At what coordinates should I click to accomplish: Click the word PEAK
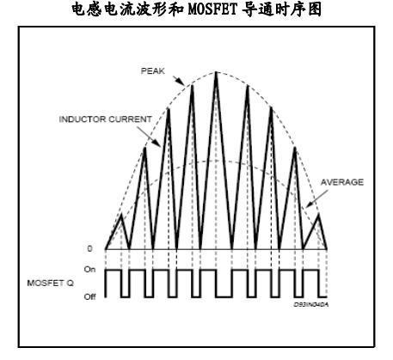(x=153, y=70)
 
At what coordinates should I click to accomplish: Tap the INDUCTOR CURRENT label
(x=105, y=119)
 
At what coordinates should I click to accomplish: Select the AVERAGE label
(x=342, y=182)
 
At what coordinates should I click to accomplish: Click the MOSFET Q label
(x=51, y=283)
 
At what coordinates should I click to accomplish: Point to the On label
(x=89, y=270)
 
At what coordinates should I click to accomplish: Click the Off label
(x=89, y=296)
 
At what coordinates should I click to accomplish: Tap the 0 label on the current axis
(x=90, y=248)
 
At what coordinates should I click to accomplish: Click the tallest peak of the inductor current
(x=216, y=72)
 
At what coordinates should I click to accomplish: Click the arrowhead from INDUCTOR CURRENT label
(x=157, y=143)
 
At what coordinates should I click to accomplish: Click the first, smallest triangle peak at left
(x=121, y=215)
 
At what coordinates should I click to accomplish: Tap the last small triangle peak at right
(x=318, y=216)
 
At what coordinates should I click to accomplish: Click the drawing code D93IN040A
(x=311, y=305)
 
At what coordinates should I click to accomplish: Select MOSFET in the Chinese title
(x=212, y=9)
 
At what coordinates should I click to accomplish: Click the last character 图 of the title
(x=315, y=9)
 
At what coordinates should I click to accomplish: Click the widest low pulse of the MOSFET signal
(x=224, y=296)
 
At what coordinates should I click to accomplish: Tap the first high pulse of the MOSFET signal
(x=114, y=270)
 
